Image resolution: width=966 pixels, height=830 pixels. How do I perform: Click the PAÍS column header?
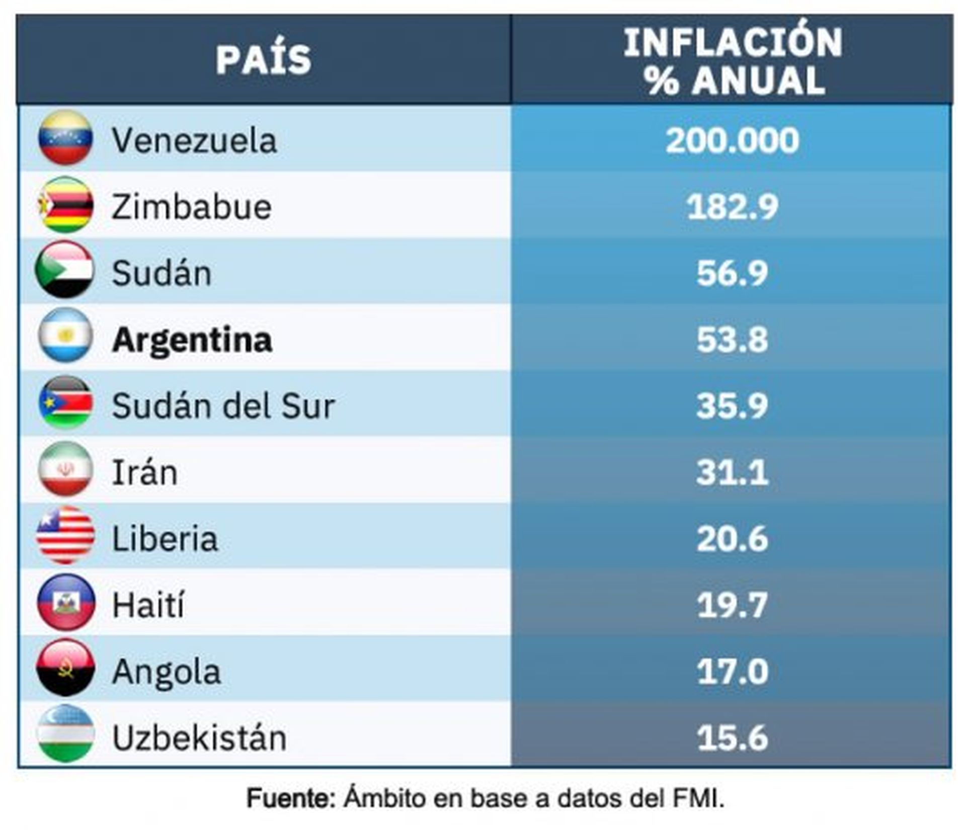pos(263,59)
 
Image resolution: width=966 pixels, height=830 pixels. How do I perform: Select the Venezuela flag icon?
pos(65,138)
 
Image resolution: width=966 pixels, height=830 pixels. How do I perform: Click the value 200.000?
pos(732,140)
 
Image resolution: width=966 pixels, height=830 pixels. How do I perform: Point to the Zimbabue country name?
pos(191,207)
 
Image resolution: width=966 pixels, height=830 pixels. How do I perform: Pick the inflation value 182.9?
pos(732,207)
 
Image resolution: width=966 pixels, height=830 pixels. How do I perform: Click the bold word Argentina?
pos(192,340)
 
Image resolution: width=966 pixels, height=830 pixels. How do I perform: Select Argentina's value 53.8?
pos(732,340)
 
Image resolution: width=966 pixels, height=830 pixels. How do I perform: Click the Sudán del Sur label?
pos(223,406)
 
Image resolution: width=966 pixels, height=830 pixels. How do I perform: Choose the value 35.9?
pos(732,406)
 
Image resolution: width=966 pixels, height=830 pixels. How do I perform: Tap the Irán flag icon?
pos(65,469)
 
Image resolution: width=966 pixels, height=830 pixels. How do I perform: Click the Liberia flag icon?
pos(65,536)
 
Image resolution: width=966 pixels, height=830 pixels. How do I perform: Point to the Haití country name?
pos(148,605)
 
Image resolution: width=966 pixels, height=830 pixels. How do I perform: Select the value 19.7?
pos(732,605)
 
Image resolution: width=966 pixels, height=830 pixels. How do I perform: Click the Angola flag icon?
pos(65,669)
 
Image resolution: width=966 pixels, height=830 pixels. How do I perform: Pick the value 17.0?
pos(732,672)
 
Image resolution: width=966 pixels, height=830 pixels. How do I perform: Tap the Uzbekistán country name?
pos(199,738)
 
